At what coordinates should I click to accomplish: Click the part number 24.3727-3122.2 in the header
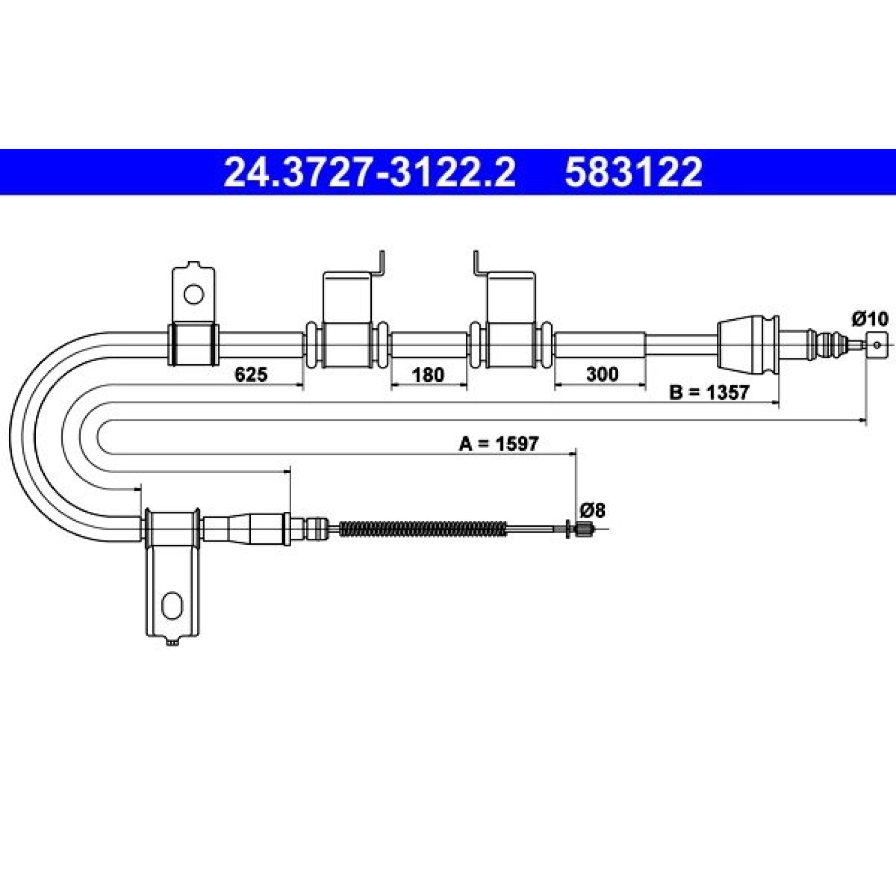(x=369, y=172)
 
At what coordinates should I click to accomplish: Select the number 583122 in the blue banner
(x=633, y=172)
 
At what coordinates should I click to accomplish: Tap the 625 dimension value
(x=250, y=374)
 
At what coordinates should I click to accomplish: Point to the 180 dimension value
(x=428, y=374)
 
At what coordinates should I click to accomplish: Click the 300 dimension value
(x=602, y=374)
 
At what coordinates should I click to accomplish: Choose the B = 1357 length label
(x=709, y=393)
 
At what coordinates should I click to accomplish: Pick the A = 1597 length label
(x=498, y=444)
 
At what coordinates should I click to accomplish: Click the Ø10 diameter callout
(x=870, y=320)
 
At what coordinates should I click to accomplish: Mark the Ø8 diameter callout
(x=592, y=510)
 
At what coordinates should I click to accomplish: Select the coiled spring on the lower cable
(x=423, y=528)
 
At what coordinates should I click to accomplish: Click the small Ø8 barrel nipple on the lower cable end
(x=584, y=528)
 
